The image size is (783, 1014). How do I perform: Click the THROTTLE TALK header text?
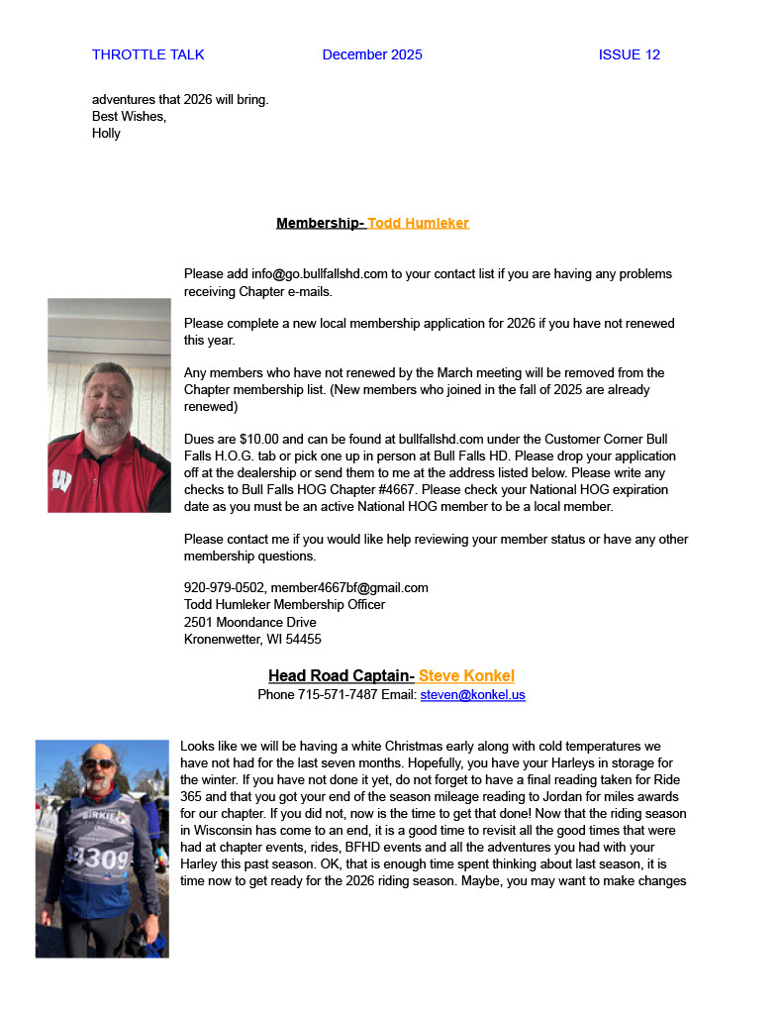(x=147, y=54)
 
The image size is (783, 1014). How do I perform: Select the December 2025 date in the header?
(x=372, y=54)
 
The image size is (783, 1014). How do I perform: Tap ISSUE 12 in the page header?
(x=629, y=54)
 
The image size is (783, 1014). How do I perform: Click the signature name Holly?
(x=106, y=133)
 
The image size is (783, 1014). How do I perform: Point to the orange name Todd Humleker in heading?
(x=419, y=223)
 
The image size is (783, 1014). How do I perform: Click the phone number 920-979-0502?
(x=224, y=587)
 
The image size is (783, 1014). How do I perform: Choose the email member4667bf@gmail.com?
(x=349, y=587)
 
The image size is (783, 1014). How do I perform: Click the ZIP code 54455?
(x=301, y=639)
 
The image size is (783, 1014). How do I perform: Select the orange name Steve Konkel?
(x=466, y=676)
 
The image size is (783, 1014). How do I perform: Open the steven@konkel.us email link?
(x=472, y=694)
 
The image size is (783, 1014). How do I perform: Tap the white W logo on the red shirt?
(x=61, y=480)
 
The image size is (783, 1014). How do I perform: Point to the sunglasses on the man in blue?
(x=98, y=763)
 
